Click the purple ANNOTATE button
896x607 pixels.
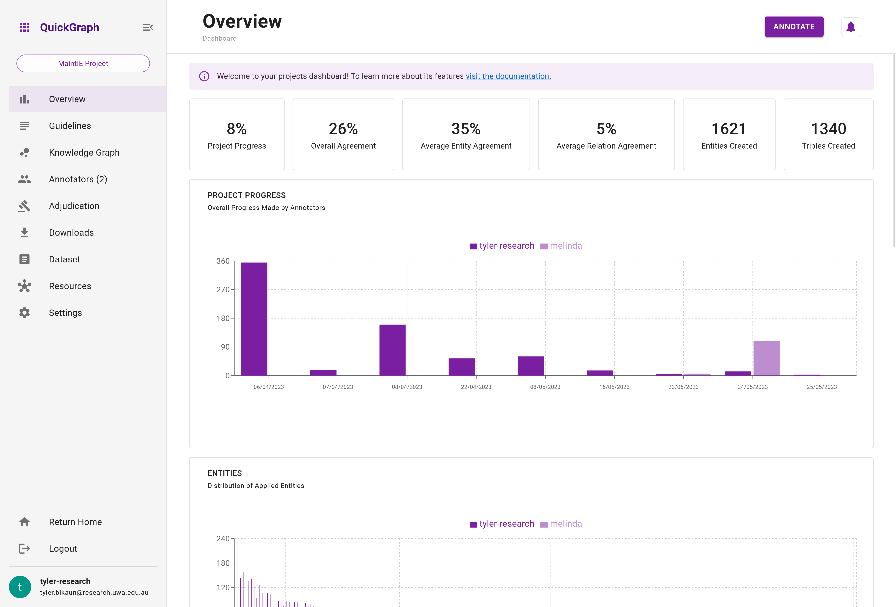coord(793,27)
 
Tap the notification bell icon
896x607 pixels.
coord(851,27)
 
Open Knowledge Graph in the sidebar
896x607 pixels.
coord(84,153)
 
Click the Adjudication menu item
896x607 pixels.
coord(74,206)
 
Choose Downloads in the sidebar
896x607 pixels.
coord(71,233)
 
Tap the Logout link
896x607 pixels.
coord(63,549)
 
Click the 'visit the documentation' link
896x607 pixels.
coord(508,76)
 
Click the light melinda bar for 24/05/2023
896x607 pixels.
coord(766,358)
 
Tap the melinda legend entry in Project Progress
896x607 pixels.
coord(565,246)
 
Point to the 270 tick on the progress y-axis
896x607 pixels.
coord(223,289)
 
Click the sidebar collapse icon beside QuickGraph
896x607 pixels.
coord(148,27)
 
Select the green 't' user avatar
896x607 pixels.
coord(20,587)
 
